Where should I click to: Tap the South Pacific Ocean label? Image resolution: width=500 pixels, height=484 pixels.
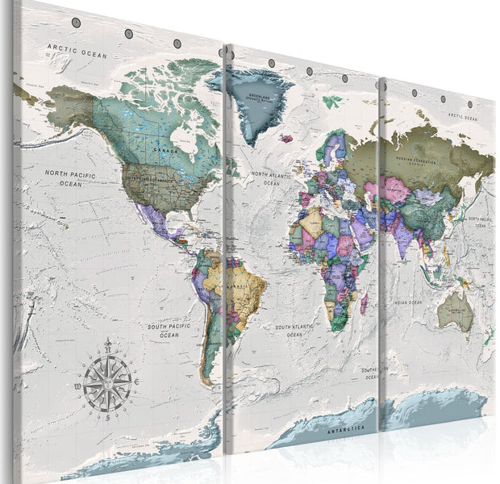coord(168,330)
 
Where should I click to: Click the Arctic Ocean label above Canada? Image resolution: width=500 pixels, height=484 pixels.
coord(77,50)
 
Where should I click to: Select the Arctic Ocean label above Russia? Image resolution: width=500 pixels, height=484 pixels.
coord(463,117)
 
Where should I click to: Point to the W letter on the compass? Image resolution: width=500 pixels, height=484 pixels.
coord(77,388)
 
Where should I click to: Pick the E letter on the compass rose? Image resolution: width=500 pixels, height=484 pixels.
coord(138,381)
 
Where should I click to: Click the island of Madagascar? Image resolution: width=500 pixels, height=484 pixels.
coord(364,304)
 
